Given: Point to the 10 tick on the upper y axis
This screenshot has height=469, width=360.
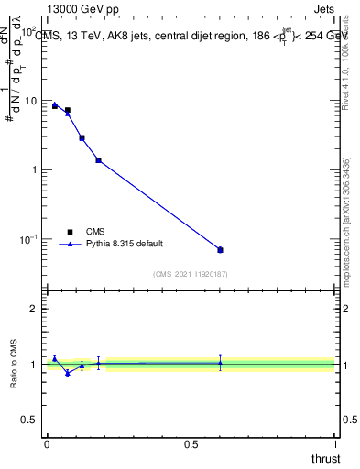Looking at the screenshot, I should (35, 101).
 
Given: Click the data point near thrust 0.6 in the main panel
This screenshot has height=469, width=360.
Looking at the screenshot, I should (220, 249).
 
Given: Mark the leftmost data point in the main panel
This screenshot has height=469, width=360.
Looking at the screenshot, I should (55, 105).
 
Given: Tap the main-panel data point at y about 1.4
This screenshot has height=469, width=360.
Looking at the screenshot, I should (98, 160).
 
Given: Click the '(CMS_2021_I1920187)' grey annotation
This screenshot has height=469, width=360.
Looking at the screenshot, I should (191, 274).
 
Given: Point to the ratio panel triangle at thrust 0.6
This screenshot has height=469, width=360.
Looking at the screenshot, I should (220, 363).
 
